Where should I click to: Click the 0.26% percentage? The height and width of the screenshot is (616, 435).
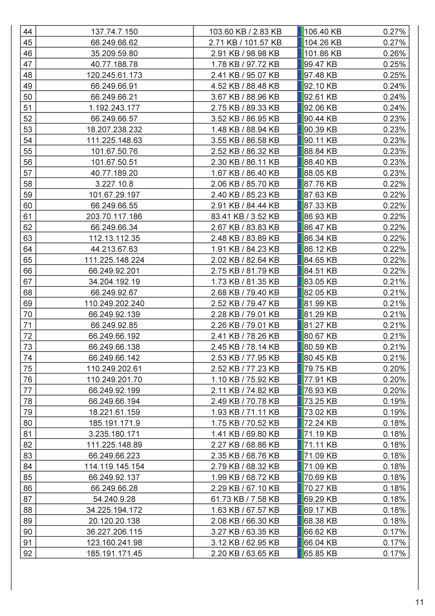(x=394, y=53)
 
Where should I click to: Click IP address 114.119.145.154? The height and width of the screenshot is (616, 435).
(x=114, y=467)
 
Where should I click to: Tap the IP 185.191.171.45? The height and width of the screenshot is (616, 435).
(x=114, y=553)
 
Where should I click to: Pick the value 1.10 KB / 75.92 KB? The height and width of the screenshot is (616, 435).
(x=245, y=380)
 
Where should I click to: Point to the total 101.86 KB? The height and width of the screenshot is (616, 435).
(x=323, y=53)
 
